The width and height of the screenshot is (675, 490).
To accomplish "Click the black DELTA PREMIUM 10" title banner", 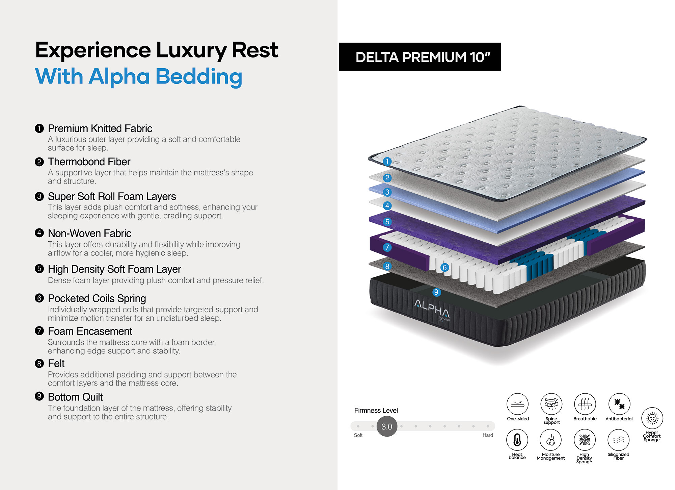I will click(x=420, y=57).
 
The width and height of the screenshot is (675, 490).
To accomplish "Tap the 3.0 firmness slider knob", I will click(x=387, y=426).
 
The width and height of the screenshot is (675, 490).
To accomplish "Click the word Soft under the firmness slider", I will click(x=358, y=435).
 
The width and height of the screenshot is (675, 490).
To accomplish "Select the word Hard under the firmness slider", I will click(x=488, y=435).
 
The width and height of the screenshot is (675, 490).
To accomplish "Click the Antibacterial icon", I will click(x=619, y=404).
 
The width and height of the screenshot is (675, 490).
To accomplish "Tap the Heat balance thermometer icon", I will click(x=517, y=440).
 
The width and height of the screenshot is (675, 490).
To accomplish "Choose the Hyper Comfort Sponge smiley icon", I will click(x=652, y=418).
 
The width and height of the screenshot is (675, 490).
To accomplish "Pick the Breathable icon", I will click(x=585, y=404).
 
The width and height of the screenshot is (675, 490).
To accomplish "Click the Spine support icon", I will click(x=551, y=404).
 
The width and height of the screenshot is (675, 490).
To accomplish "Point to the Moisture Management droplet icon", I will click(x=551, y=440).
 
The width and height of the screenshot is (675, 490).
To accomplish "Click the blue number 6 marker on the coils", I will click(x=444, y=268).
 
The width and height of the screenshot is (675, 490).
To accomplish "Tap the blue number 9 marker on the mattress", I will click(x=436, y=292).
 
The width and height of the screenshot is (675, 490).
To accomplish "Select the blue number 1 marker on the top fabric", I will click(x=387, y=162).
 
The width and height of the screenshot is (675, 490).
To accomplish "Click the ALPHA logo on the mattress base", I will click(x=432, y=308).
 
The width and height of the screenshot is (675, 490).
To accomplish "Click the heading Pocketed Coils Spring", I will click(x=97, y=298).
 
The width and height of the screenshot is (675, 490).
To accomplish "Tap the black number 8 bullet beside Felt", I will click(x=39, y=364).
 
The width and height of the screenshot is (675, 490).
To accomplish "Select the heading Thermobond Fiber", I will click(x=89, y=162).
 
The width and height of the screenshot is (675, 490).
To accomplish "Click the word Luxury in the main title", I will click(x=192, y=50).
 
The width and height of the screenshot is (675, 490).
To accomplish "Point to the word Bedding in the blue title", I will click(x=199, y=76).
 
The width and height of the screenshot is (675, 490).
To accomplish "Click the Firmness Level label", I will click(x=376, y=411).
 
